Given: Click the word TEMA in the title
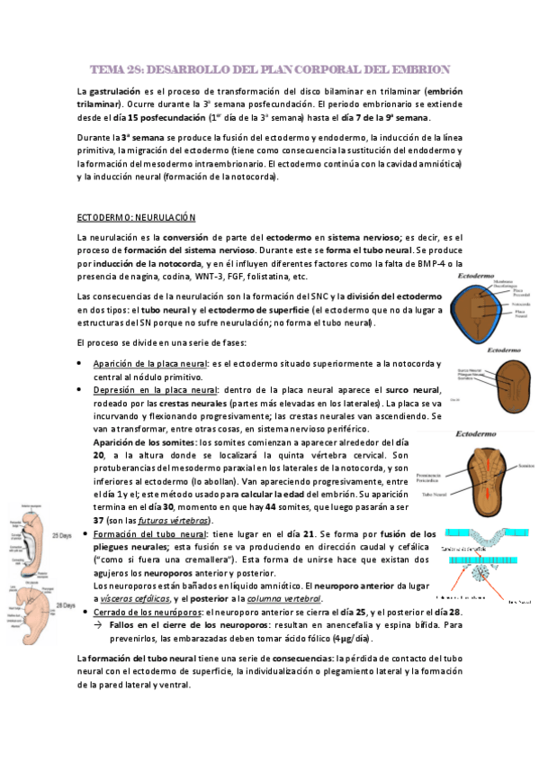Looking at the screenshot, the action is [x=109, y=69].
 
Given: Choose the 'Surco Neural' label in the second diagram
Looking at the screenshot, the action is [x=469, y=369].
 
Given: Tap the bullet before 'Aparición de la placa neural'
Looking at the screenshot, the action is [x=83, y=363].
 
